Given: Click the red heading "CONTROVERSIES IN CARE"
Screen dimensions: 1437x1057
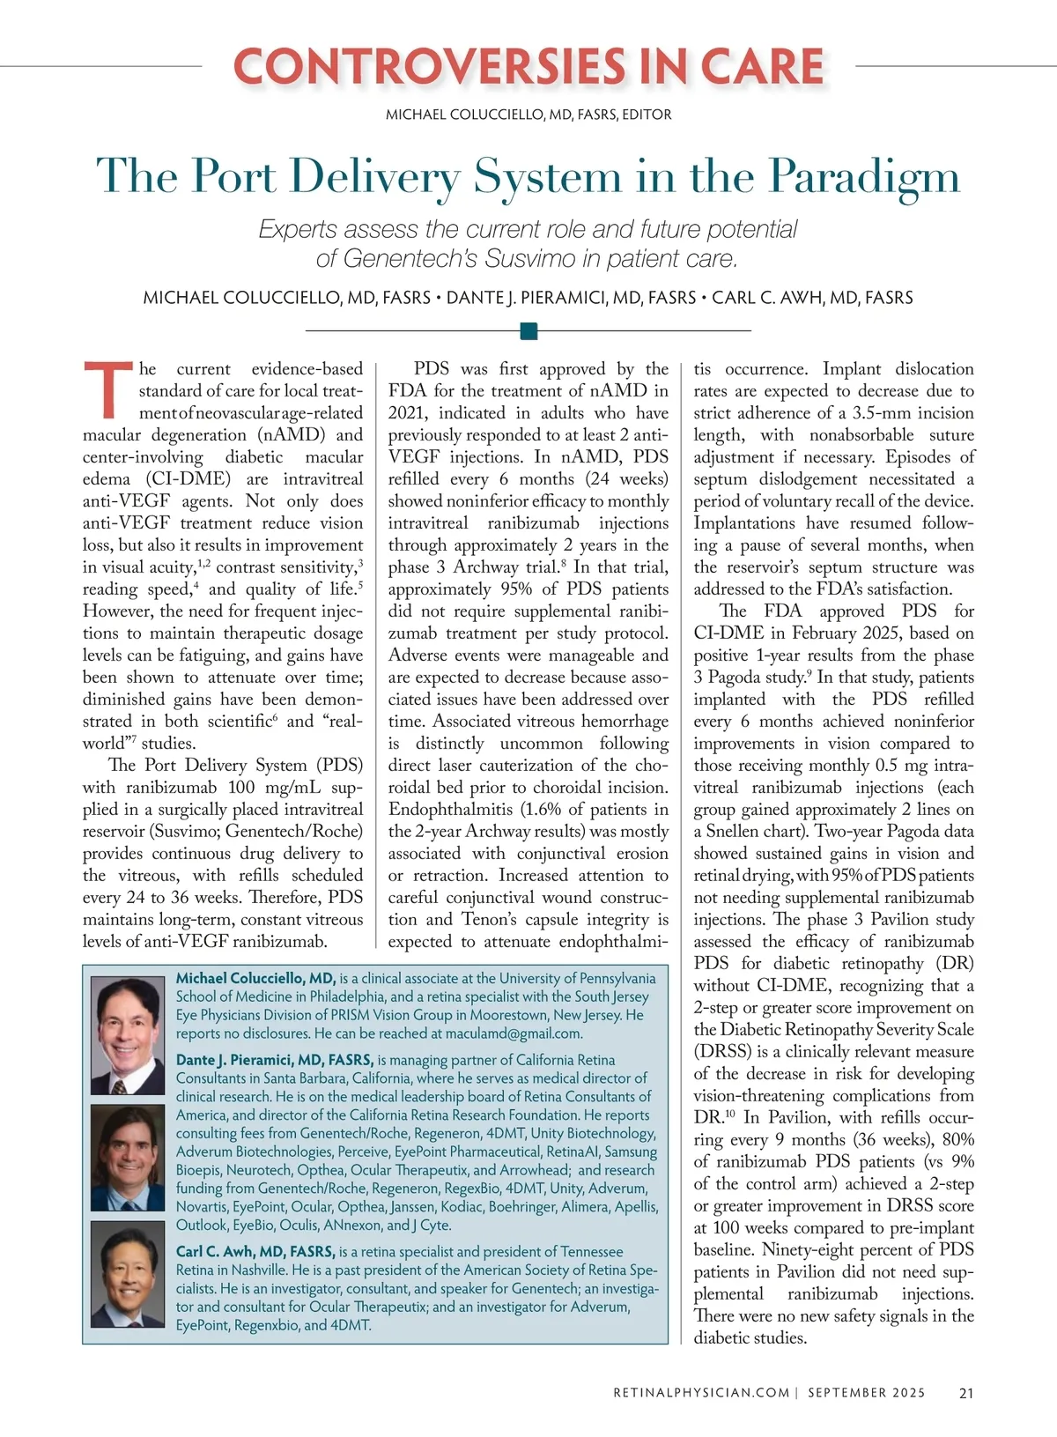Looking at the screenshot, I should click(528, 67).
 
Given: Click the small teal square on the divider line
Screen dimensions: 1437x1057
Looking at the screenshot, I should click(528, 330).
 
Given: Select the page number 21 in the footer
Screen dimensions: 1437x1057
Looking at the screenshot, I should click(965, 1393).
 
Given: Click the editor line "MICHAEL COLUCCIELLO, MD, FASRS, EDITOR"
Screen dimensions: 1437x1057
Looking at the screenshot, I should click(528, 115).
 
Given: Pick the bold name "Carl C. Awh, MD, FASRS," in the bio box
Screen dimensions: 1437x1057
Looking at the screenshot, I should click(255, 1252).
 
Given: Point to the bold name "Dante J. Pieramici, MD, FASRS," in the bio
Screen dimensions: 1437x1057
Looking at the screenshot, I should click(275, 1060).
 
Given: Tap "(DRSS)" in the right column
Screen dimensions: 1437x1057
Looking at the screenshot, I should click(722, 1052).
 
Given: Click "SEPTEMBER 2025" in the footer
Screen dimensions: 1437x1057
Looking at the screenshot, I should click(867, 1393).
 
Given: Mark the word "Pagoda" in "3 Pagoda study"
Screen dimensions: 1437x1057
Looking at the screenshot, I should click(742, 678).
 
